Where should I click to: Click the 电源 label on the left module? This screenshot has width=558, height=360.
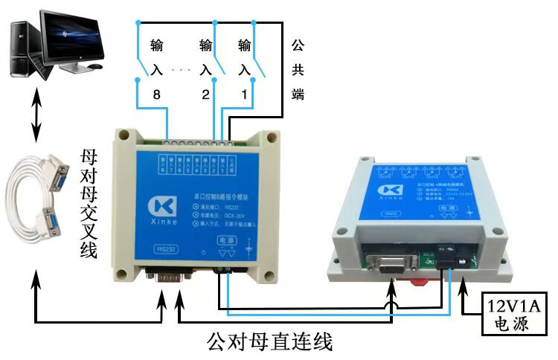point(225,240)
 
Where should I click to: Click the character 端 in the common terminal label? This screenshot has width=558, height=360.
point(298,94)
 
